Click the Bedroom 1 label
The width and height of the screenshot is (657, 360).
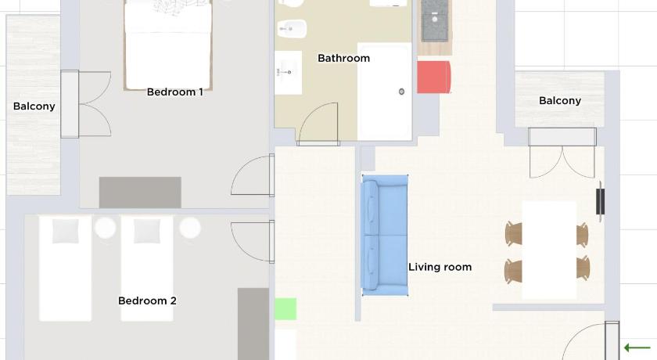pos(174,92)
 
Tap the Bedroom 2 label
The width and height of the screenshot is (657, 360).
pos(147,301)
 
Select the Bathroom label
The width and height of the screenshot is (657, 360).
pos(343,58)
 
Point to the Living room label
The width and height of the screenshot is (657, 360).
pos(440,267)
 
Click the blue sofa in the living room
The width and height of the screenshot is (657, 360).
pos(385,236)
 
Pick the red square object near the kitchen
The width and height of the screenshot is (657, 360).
pos(433,77)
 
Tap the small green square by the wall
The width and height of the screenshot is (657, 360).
pos(285,309)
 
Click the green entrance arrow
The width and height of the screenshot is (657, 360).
pos(637,347)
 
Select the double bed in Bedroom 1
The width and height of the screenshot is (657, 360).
pos(168,45)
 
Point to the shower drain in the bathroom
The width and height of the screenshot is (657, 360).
pos(401,92)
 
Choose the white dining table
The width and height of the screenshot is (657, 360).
pos(549,250)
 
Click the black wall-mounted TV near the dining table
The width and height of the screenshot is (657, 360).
pos(601,202)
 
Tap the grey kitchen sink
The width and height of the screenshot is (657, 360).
pos(435,20)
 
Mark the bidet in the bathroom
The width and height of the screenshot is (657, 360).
pos(292,29)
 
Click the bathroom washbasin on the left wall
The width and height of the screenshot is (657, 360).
pos(289,73)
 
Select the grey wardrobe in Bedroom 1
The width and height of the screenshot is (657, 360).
pos(140,193)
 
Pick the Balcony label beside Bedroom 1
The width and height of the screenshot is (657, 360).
pos(34,106)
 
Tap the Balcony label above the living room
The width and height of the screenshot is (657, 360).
pos(560,101)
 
